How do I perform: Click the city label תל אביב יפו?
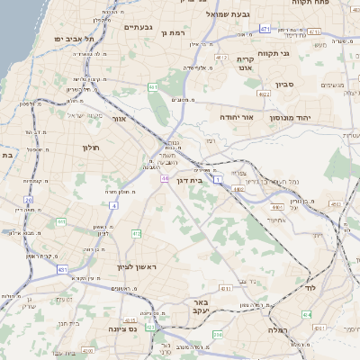click(x=67, y=40)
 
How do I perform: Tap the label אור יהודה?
click(x=237, y=117)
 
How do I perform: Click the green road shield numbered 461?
click(x=154, y=87)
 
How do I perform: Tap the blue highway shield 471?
click(x=264, y=30)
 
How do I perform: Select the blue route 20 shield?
click(x=29, y=200)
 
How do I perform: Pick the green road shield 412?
click(x=137, y=234)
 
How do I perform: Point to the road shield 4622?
click(x=263, y=93)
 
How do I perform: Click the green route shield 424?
click(x=307, y=315)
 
